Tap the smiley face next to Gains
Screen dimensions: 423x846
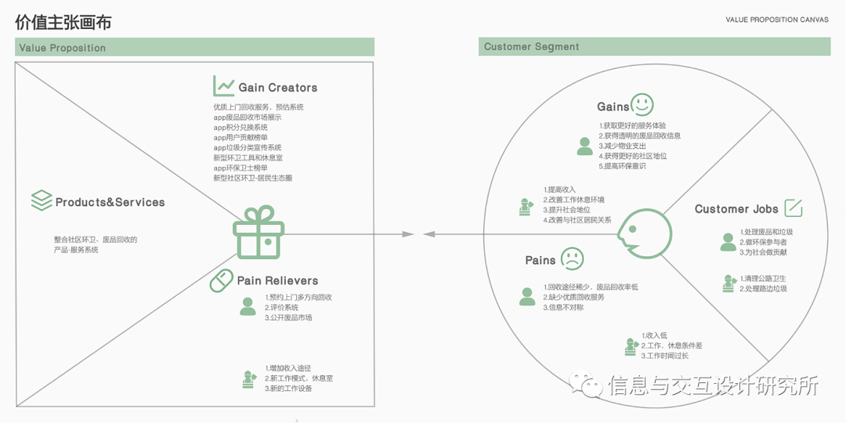coord(642,105)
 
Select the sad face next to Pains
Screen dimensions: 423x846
coord(572,259)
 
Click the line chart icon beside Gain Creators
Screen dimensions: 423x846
coord(224,86)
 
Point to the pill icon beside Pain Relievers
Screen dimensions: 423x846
coord(222,280)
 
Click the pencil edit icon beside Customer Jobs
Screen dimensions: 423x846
coord(794,208)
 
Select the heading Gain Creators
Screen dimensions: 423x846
coord(278,88)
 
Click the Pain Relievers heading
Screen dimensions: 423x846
coord(277,280)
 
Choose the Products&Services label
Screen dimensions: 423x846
coord(110,202)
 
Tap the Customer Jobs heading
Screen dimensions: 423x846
coord(736,209)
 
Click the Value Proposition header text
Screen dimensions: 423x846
coord(63,48)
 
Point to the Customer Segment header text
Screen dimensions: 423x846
coord(532,47)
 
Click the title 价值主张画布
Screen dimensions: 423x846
coord(63,22)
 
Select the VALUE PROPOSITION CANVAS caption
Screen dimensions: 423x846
coord(776,20)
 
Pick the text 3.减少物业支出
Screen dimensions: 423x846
coord(623,146)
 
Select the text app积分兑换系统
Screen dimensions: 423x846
coord(240,127)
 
